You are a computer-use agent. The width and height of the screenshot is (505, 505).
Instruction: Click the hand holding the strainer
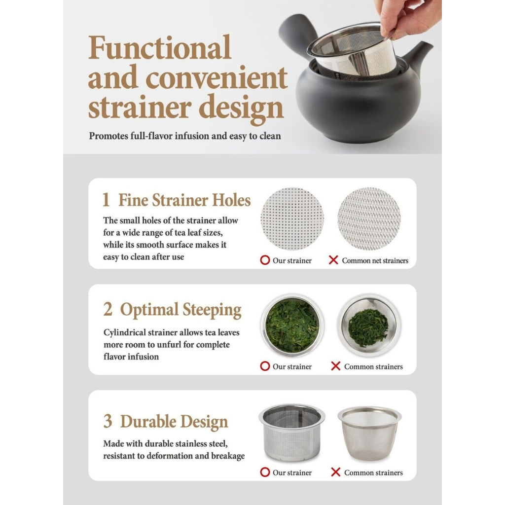[x=407, y=18]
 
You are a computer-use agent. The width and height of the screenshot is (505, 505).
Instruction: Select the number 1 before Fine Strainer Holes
[x=106, y=200]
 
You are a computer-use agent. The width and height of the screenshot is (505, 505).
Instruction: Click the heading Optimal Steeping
[x=180, y=310]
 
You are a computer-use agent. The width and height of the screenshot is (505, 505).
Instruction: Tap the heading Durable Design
[x=174, y=422]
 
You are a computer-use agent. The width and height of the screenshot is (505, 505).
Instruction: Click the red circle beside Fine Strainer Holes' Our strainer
[x=265, y=260]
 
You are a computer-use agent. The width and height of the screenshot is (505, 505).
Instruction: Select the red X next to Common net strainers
[x=333, y=260]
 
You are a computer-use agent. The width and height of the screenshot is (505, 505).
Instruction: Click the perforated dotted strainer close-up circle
[x=292, y=218]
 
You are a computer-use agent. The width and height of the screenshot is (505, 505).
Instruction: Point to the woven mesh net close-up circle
[x=369, y=218]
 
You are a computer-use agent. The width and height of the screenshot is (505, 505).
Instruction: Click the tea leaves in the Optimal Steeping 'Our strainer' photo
[x=292, y=325]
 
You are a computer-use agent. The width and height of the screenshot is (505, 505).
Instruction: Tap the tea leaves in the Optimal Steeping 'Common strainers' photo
[x=368, y=327]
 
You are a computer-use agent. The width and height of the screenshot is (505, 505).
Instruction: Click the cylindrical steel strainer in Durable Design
[x=292, y=432]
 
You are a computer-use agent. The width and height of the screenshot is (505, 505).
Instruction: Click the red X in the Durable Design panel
[x=335, y=472]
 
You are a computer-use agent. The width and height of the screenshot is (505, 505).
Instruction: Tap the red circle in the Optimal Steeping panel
[x=265, y=366]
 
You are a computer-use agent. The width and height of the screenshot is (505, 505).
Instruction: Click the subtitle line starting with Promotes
[x=185, y=136]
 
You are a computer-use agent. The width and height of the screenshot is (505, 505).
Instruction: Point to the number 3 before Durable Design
[x=108, y=421]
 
